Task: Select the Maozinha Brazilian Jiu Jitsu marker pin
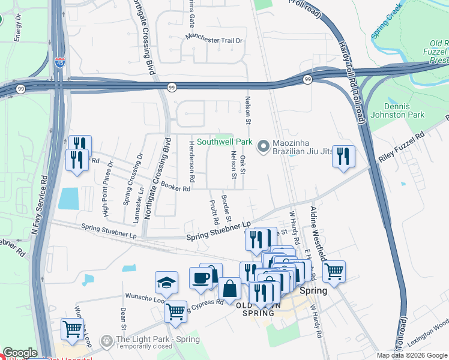pyautogui.click(x=263, y=146)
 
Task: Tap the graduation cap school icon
pyautogui.click(x=167, y=283)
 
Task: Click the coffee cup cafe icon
pyautogui.click(x=201, y=278)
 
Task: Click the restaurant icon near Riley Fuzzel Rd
pyautogui.click(x=343, y=157)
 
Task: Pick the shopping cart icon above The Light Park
pyautogui.click(x=72, y=329)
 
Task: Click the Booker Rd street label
pyautogui.click(x=175, y=188)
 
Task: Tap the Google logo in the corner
pyautogui.click(x=19, y=353)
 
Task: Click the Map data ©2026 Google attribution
pyautogui.click(x=412, y=355)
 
